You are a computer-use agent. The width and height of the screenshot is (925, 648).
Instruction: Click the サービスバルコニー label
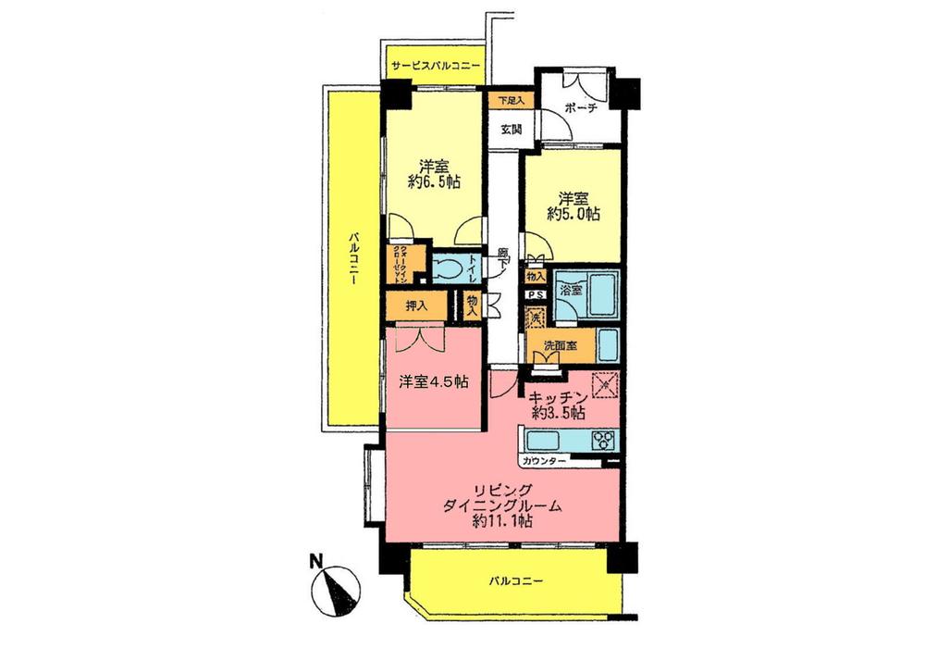[435, 67]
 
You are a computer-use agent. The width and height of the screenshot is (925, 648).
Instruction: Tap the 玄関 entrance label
[512, 130]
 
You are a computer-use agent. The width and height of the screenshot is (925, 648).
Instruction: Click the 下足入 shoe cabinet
[512, 100]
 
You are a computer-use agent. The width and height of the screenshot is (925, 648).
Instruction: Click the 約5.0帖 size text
[573, 213]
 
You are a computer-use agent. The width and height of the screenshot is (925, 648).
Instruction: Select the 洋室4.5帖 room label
[432, 382]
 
